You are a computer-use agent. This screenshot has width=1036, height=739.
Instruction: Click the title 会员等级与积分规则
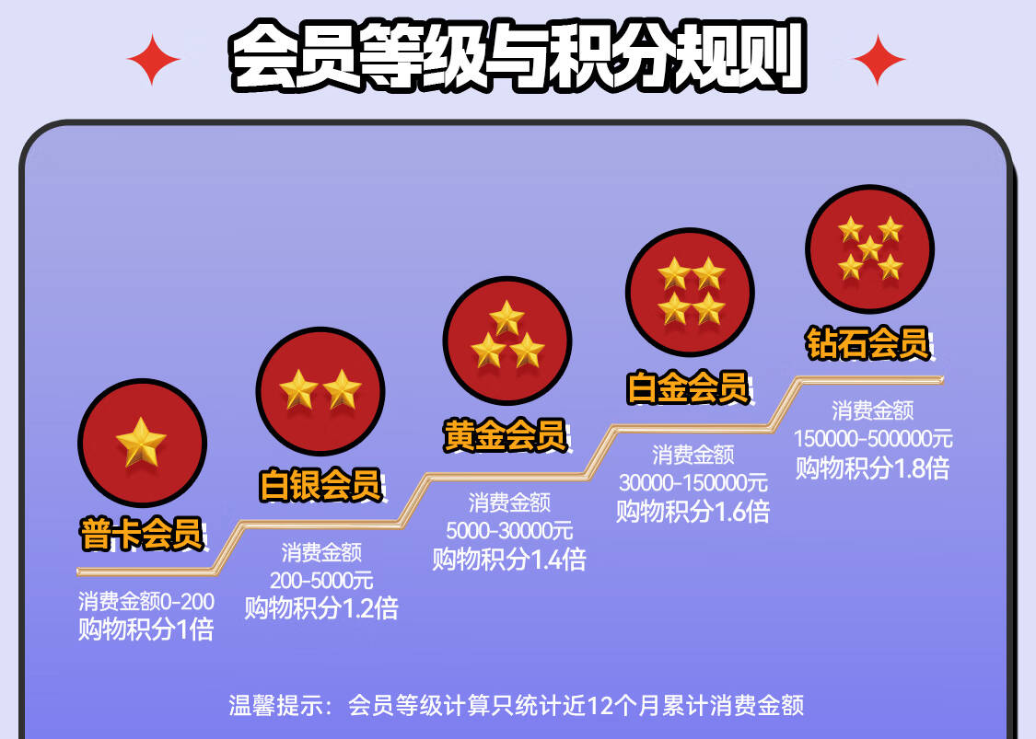click(518, 55)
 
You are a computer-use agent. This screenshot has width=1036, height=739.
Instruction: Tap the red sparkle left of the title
click(153, 60)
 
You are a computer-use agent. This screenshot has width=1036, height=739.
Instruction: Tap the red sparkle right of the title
click(879, 60)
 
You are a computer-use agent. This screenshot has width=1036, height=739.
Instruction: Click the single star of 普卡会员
click(142, 442)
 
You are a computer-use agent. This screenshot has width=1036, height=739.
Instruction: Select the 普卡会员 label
click(142, 534)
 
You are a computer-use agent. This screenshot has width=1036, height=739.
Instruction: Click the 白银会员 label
click(321, 484)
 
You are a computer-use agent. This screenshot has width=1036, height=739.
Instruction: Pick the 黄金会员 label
click(506, 435)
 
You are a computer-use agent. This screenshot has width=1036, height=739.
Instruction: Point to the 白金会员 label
click(688, 387)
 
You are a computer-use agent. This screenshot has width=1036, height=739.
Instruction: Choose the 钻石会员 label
click(868, 343)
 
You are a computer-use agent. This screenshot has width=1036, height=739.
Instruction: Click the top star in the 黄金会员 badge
click(507, 318)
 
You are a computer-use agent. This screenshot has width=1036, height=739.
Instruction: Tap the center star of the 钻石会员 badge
click(870, 249)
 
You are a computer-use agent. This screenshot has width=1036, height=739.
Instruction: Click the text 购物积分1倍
click(146, 629)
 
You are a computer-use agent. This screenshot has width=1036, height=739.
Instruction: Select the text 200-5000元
click(321, 581)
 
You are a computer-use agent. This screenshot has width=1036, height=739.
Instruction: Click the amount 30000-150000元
click(693, 483)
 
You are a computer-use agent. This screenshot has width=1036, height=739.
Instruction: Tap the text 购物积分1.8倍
click(873, 468)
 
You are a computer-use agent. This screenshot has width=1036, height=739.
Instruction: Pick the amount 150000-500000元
click(873, 438)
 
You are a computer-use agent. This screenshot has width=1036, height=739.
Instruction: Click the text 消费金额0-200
click(146, 601)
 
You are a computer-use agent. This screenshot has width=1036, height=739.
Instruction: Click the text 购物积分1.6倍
click(693, 512)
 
